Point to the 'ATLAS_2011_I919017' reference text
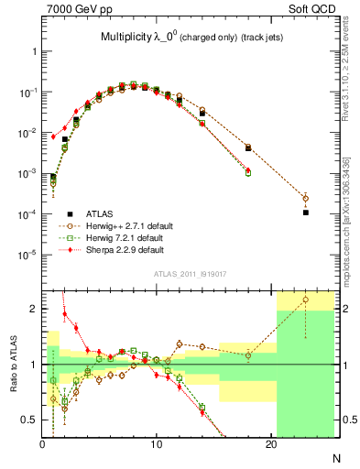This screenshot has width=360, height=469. [x=189, y=272]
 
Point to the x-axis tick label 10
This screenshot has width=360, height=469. [x=157, y=446]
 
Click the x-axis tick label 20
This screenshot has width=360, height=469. [x=271, y=446]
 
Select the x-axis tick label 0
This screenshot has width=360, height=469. [x=43, y=446]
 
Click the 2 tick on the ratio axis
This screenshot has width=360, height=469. [x=35, y=309]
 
